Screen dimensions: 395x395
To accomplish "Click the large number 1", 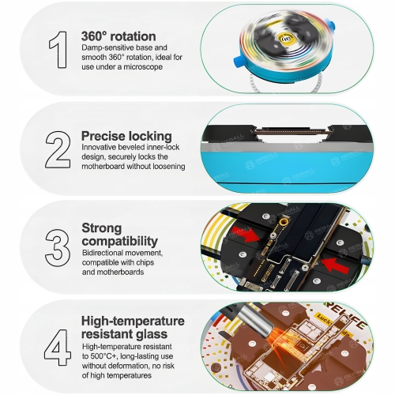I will click(x=57, y=49).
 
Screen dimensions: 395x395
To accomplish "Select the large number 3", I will click(x=58, y=248).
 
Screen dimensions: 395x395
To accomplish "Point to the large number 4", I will click(x=58, y=345).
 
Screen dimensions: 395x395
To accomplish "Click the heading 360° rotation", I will click(x=118, y=36).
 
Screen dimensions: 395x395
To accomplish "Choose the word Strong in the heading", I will click(x=102, y=228).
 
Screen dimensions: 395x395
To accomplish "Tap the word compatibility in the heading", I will click(x=120, y=240).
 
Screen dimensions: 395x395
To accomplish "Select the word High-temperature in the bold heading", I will click(x=133, y=321).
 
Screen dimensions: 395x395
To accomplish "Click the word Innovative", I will click(x=100, y=148).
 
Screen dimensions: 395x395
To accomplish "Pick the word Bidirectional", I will click(x=102, y=253).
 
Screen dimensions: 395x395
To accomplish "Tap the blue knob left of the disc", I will click(x=237, y=62).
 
